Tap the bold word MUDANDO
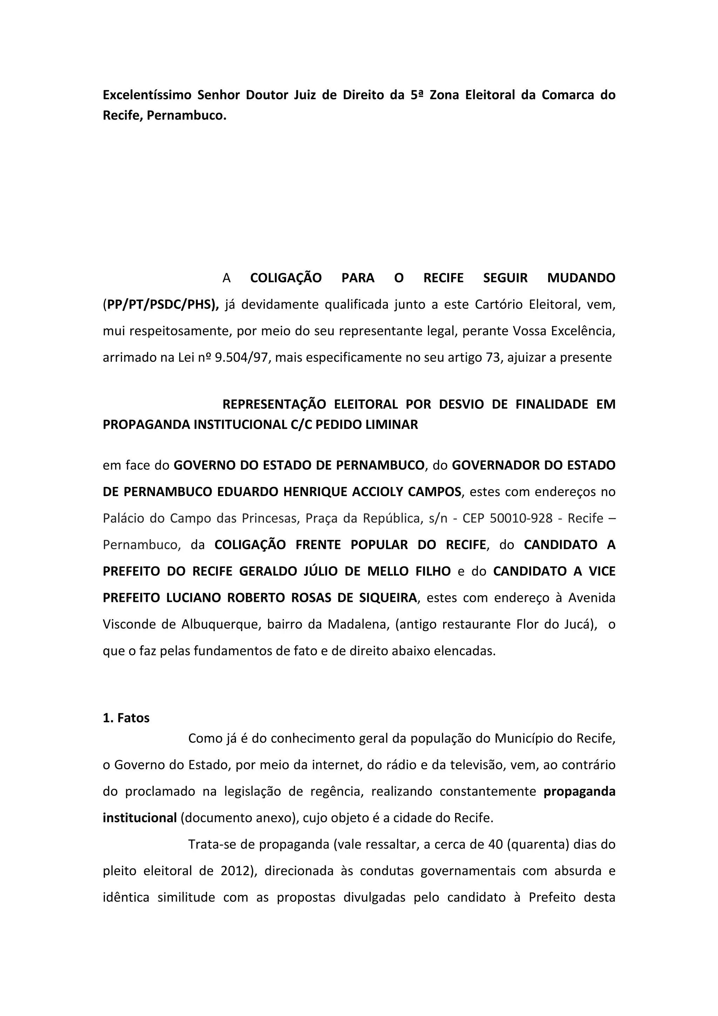pyautogui.click(x=581, y=278)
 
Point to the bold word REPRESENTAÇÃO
pyautogui.click(x=274, y=405)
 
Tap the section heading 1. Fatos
pyautogui.click(x=126, y=718)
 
